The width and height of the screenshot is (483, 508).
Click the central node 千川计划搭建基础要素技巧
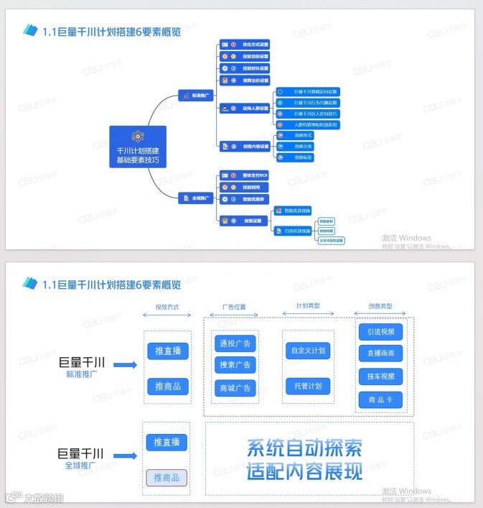click(x=138, y=147)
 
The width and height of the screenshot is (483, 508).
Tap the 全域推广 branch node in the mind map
click(x=194, y=198)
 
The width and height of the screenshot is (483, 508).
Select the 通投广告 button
click(x=234, y=343)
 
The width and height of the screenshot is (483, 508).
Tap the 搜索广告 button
click(x=234, y=365)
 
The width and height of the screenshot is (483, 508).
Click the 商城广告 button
click(x=234, y=388)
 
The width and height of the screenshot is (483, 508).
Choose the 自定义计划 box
click(x=308, y=352)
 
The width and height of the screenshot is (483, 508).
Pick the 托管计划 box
click(x=308, y=386)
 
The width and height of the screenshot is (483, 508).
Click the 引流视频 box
click(x=380, y=332)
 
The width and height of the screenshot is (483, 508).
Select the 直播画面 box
click(x=380, y=354)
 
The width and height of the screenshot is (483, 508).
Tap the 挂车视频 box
click(x=380, y=377)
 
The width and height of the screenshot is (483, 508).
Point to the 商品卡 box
click(x=380, y=400)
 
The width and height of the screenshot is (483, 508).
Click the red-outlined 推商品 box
click(x=167, y=477)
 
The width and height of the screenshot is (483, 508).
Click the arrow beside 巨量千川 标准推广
click(x=125, y=365)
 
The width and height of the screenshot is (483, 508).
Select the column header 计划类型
click(x=307, y=306)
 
